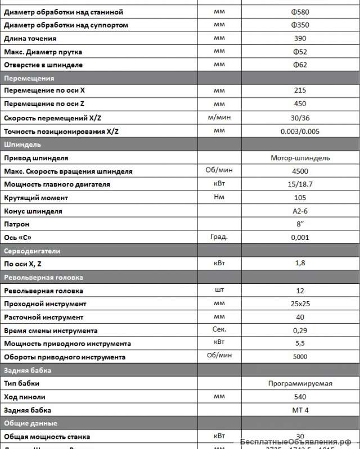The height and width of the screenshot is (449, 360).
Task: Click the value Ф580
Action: point(300,12)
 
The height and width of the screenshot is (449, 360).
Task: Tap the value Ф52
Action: point(300,52)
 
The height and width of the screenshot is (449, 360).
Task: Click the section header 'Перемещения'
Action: point(29,78)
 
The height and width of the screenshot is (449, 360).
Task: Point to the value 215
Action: point(300,90)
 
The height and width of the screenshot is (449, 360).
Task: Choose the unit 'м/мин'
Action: point(219,117)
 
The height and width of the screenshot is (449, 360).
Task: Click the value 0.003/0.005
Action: point(300,131)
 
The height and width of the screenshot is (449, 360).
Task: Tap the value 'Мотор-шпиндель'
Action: point(300,158)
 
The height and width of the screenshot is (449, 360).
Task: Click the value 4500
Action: point(300,171)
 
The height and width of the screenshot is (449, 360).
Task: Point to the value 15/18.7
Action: point(300,184)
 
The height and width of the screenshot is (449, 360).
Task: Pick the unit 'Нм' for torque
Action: point(219,197)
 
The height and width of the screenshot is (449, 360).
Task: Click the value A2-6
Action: point(300,211)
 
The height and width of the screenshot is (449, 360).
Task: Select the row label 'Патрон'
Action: point(16,224)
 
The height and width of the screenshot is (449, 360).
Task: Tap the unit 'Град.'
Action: point(219,237)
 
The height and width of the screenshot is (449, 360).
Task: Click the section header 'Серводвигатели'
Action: point(32,251)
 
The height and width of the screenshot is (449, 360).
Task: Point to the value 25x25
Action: point(300,304)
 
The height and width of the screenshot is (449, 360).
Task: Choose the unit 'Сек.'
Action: point(219,330)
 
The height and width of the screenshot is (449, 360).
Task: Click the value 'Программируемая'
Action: point(300,384)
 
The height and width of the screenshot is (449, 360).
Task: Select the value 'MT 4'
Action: point(300,410)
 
